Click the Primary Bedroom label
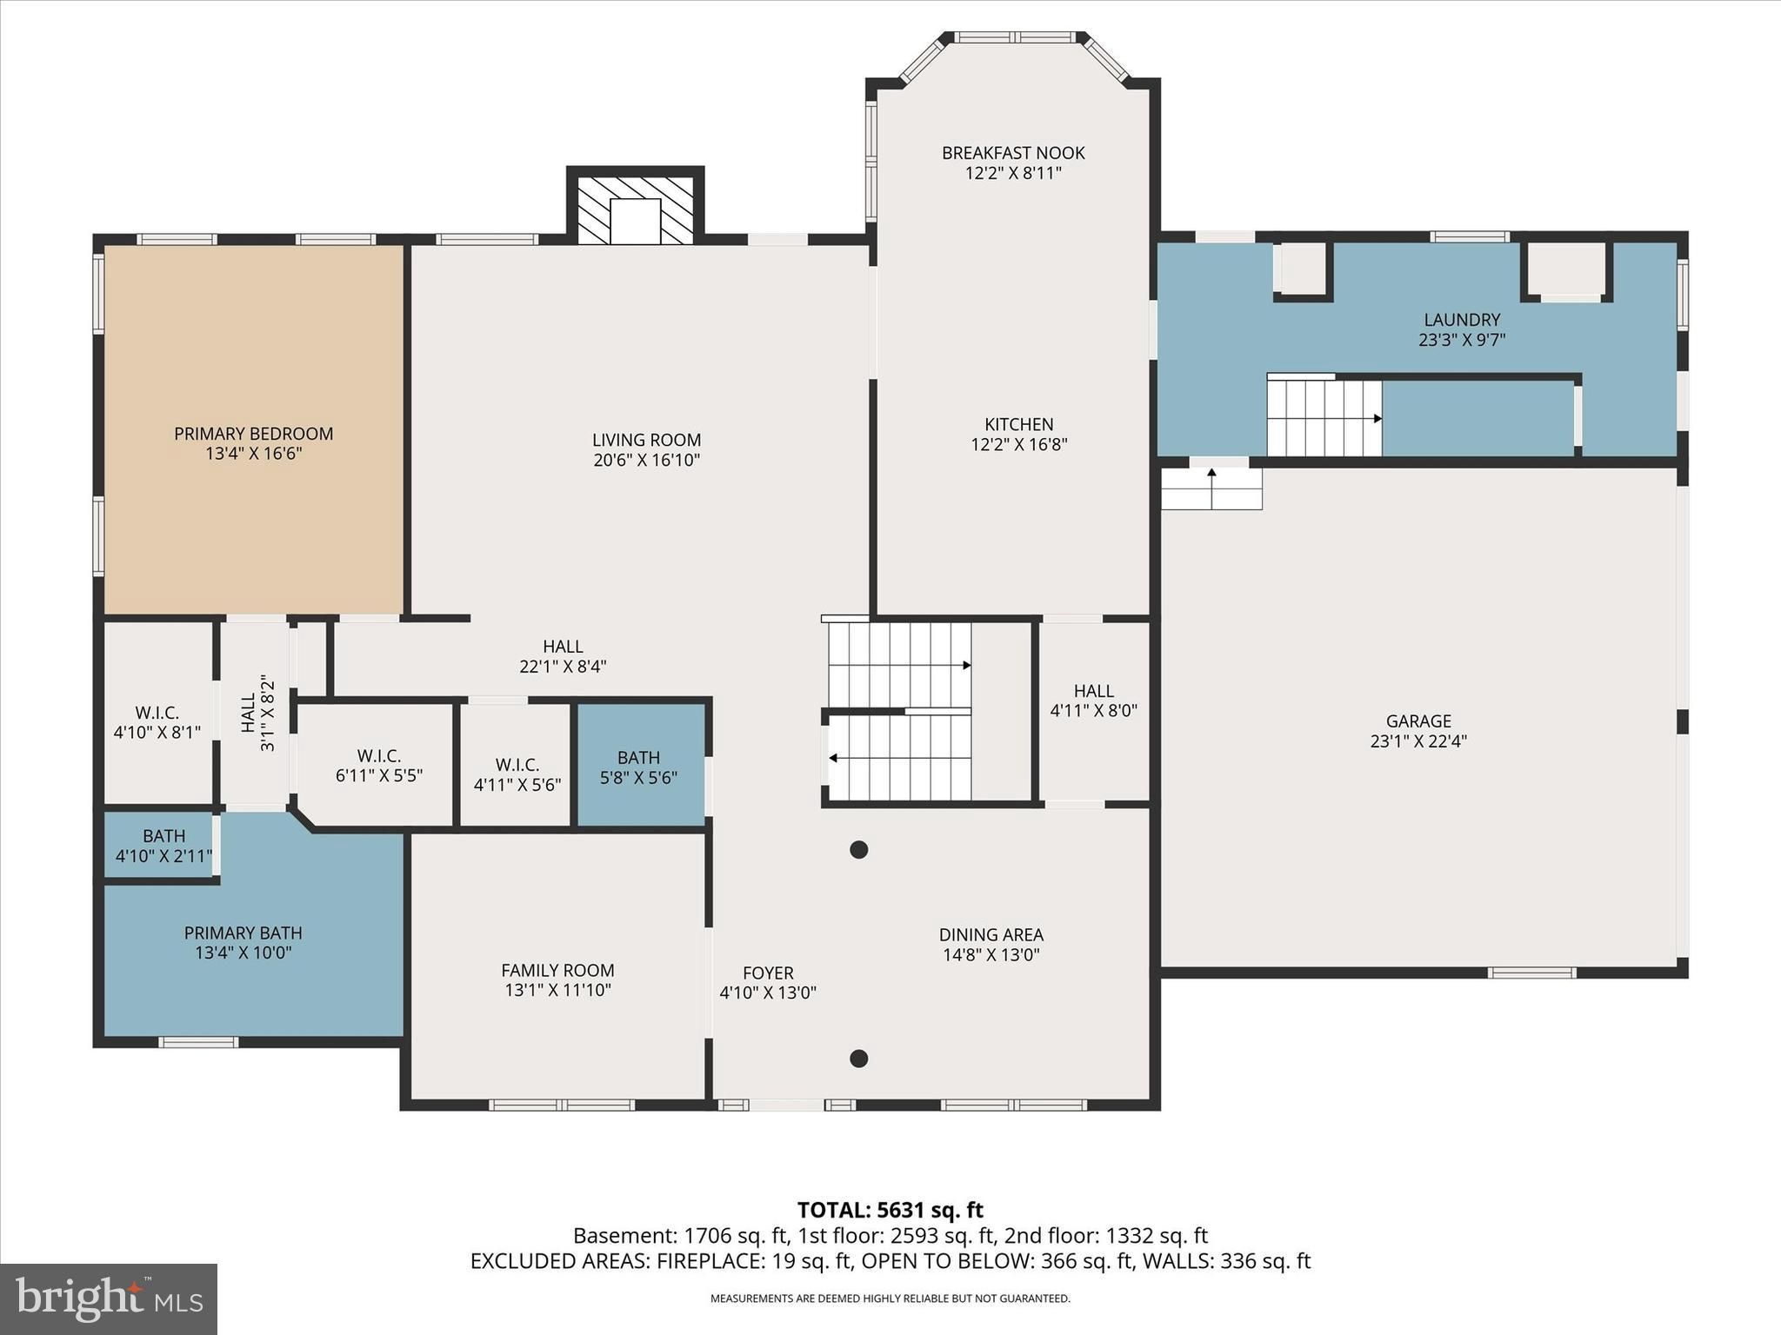click(253, 434)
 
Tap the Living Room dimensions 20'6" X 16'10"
click(646, 461)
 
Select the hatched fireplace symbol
click(636, 209)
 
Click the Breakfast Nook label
click(1013, 153)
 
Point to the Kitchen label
click(1018, 424)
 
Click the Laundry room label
click(1462, 320)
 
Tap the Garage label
click(1418, 721)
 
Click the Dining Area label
click(991, 934)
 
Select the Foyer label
click(768, 973)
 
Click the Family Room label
click(557, 970)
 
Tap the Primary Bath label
click(243, 933)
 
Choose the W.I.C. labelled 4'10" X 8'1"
click(157, 713)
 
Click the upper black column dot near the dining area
click(858, 850)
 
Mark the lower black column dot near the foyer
click(858, 1059)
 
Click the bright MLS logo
click(109, 1298)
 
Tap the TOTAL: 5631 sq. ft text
click(890, 1210)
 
